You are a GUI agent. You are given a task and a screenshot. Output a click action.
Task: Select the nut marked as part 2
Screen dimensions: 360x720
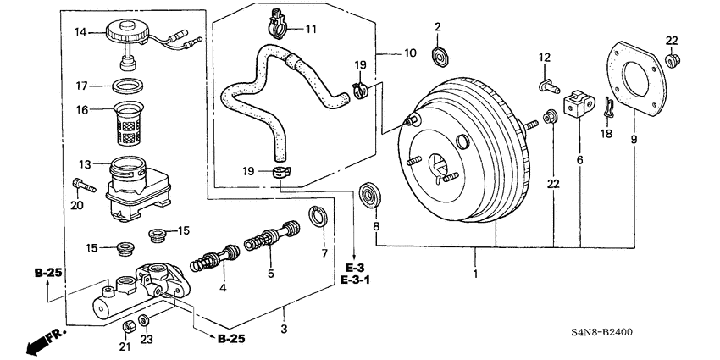pyautogui.click(x=439, y=58)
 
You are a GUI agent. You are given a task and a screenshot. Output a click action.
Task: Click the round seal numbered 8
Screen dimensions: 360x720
pyautogui.click(x=370, y=194)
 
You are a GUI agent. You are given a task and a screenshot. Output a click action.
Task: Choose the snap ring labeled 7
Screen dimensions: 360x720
pyautogui.click(x=317, y=219)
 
